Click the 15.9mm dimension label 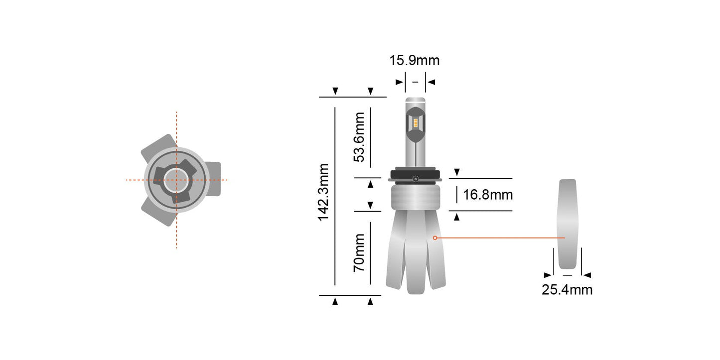point(415,61)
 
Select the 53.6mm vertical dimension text point(359,137)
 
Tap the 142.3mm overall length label point(324,192)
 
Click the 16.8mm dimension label point(488,195)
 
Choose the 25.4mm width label point(567,290)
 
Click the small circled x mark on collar point(415,178)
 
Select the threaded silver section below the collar point(415,196)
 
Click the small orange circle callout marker point(435,238)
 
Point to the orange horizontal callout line point(498,238)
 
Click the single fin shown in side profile point(567,224)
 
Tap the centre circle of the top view point(176,180)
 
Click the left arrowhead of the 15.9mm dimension point(399,82)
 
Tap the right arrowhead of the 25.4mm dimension point(587,275)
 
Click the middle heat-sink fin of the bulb point(416,254)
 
